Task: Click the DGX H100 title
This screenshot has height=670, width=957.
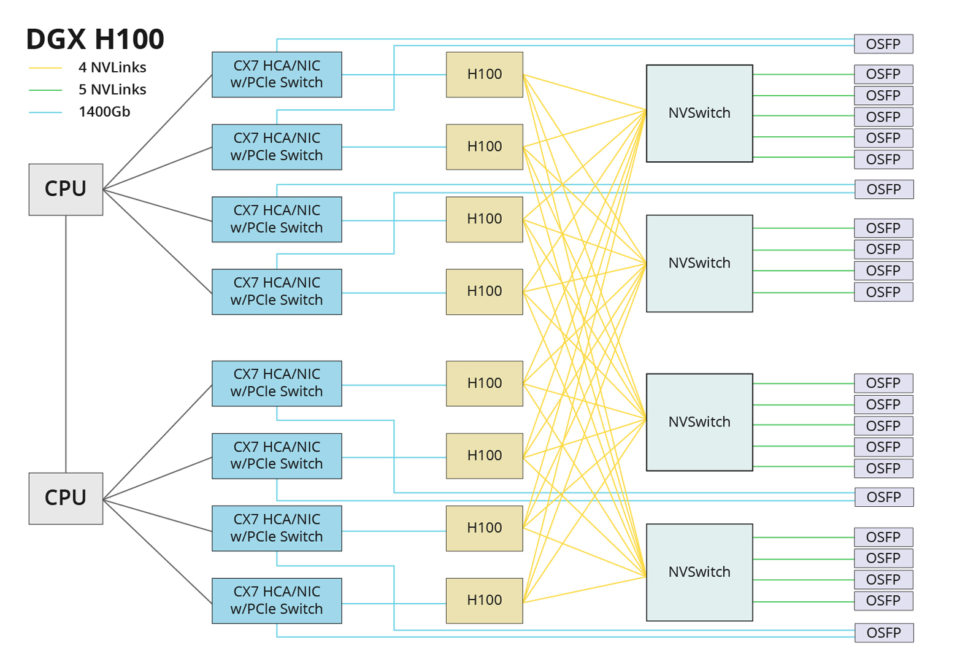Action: [x=95, y=39]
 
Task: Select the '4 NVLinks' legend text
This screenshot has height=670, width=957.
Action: [x=112, y=67]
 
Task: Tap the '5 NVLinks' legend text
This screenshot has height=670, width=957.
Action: [x=112, y=90]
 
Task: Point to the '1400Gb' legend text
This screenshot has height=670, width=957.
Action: [x=104, y=112]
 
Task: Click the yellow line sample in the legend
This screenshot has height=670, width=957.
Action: [x=45, y=68]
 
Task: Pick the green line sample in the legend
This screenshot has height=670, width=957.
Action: [x=45, y=90]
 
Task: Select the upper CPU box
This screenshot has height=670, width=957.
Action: [x=66, y=190]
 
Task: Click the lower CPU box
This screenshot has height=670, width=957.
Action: [x=66, y=498]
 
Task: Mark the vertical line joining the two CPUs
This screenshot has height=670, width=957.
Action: [x=66, y=344]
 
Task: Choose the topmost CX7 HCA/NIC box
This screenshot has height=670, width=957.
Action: [x=277, y=74]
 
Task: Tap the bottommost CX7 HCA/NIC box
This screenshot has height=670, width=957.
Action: [x=277, y=601]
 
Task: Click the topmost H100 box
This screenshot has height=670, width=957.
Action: [x=484, y=74]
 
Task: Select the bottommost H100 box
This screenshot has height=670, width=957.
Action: [x=484, y=601]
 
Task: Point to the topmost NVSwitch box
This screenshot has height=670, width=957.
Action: [x=699, y=114]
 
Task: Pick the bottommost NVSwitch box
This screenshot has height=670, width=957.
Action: [x=699, y=572]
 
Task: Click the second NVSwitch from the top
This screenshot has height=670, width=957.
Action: [x=699, y=263]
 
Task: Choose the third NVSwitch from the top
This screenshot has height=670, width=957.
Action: [x=699, y=422]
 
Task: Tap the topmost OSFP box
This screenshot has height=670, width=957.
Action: [x=883, y=44]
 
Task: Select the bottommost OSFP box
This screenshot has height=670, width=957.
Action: [x=883, y=633]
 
